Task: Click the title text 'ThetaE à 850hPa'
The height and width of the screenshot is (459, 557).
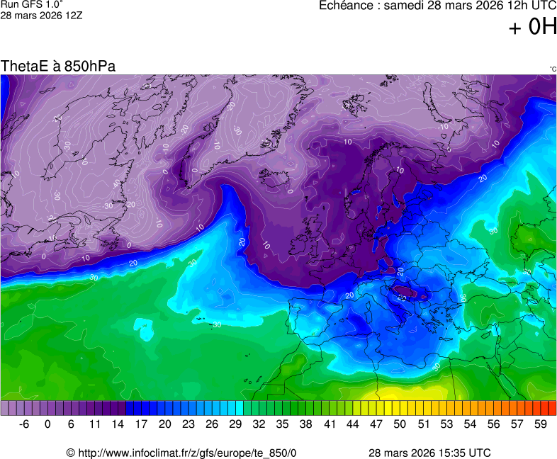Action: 58,67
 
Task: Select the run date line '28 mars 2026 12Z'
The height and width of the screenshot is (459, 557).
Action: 41,15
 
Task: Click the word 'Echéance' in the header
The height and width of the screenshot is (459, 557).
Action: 345,6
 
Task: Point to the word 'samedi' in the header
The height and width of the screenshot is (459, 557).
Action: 403,6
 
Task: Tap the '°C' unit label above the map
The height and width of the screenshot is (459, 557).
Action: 552,69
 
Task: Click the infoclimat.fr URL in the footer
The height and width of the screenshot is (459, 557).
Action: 181,453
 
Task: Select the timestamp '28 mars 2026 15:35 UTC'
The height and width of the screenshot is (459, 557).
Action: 429,453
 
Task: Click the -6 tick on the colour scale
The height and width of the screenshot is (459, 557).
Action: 23,424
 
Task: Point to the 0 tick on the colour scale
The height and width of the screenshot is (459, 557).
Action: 47,424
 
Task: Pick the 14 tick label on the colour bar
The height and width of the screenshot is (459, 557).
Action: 118,424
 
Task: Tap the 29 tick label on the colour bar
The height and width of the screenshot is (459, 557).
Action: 235,424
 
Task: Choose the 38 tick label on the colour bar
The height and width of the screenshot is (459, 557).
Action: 305,424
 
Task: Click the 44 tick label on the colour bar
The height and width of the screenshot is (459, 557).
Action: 352,424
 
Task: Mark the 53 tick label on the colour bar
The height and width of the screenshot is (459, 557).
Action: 446,424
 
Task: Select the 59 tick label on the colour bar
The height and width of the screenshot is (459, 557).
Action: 540,424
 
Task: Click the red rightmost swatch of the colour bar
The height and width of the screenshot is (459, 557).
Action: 552,408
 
